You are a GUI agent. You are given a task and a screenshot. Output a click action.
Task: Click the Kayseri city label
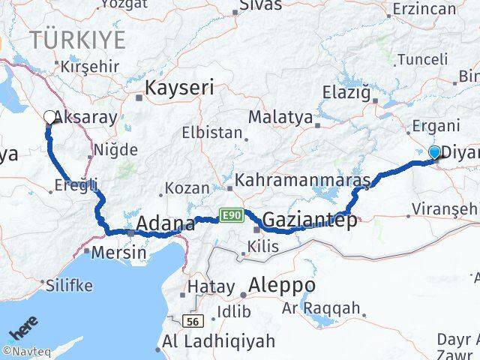point(179,87)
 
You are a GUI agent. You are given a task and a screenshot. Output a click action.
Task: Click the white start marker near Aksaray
point(50,117)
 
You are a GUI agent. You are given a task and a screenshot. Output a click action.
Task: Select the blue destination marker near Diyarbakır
point(435,153)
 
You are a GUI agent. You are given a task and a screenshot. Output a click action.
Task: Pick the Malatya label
point(275,117)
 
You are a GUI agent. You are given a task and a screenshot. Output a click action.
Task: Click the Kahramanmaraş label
point(303,181)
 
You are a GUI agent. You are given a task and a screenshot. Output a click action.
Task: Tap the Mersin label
point(118,253)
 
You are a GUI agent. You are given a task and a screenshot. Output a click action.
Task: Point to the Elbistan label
point(211,133)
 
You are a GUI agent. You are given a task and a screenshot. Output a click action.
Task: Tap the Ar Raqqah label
point(322,309)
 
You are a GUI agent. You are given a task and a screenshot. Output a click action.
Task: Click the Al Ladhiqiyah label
point(218,342)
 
